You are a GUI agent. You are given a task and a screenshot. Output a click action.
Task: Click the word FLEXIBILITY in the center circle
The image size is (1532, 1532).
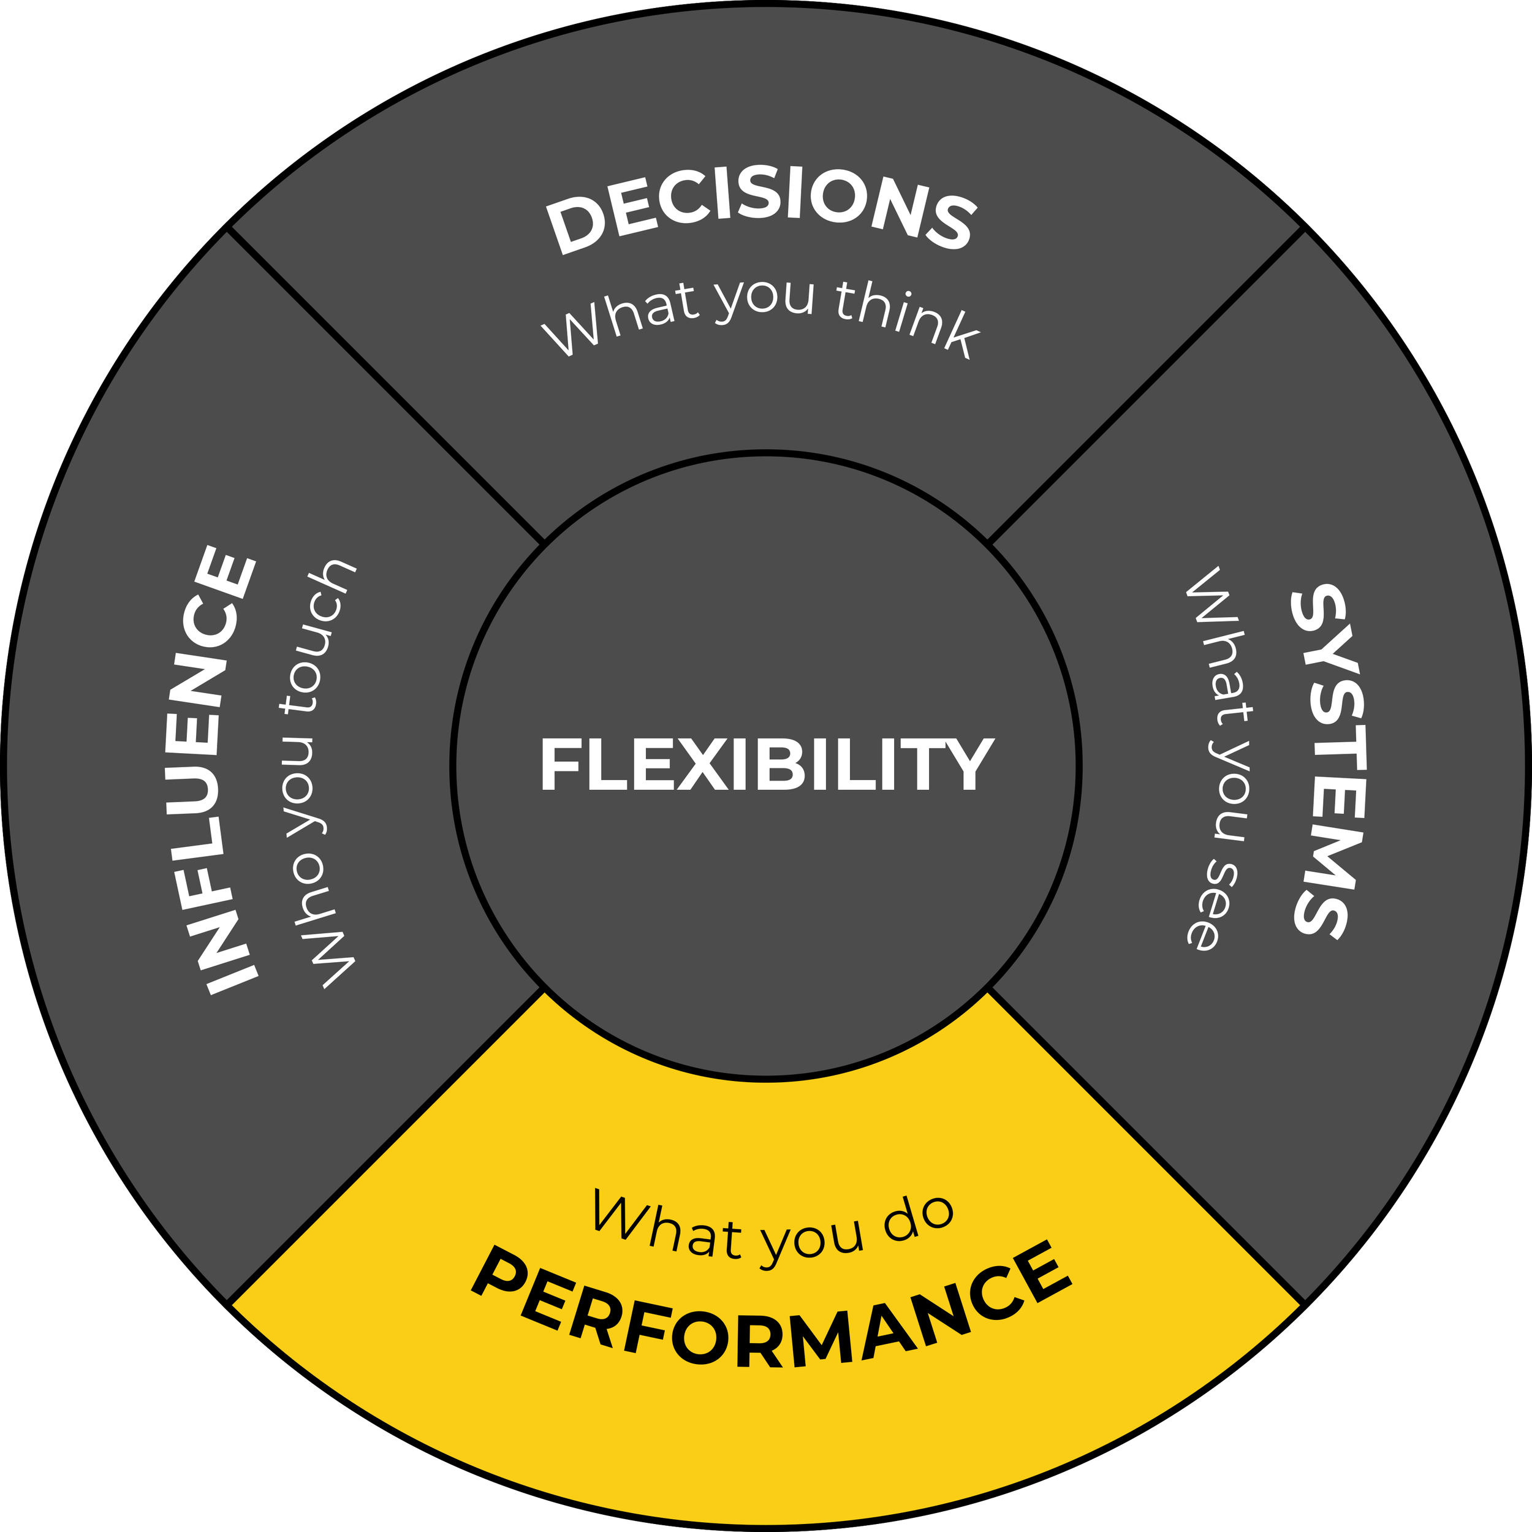click(x=766, y=764)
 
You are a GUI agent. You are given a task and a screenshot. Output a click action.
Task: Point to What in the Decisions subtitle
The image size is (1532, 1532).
click(x=621, y=317)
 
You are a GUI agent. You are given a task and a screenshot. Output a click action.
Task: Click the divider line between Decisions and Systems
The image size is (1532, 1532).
click(x=1147, y=385)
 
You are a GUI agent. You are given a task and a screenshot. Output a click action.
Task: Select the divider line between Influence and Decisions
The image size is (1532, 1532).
click(x=385, y=385)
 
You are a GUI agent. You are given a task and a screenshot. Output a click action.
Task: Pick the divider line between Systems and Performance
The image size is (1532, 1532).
click(x=1147, y=1147)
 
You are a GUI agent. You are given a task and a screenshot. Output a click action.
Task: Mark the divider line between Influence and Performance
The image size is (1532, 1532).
click(x=385, y=1147)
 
